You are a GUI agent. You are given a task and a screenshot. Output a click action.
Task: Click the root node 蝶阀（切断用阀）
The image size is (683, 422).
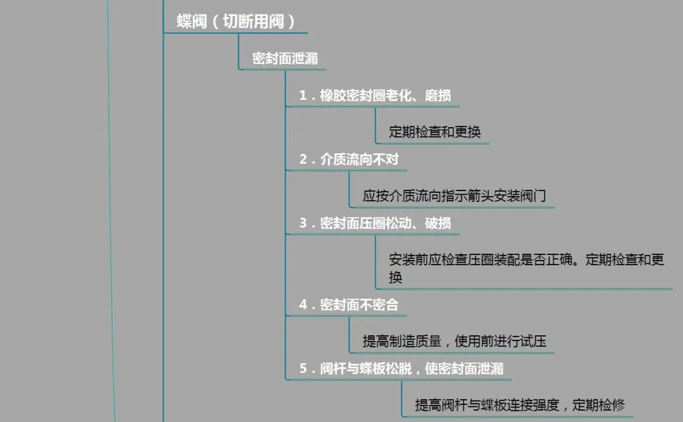tap(236, 22)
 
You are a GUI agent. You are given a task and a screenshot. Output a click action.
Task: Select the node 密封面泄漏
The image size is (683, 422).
tap(285, 59)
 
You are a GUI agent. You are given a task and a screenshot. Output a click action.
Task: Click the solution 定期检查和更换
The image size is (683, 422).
tap(435, 132)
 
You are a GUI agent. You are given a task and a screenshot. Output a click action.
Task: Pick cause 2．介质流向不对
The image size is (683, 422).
tap(349, 159)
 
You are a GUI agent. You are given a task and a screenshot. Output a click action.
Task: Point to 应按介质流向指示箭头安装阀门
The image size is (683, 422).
tap(454, 196)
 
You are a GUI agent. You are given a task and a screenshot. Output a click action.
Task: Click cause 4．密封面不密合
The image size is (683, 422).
tap(349, 305)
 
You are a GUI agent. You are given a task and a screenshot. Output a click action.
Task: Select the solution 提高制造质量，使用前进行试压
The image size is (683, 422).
tap(454, 342)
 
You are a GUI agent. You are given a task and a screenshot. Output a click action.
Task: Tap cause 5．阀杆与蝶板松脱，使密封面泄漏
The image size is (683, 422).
tap(402, 368)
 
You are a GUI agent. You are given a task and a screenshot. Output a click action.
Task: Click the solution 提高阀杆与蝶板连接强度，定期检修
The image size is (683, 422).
tap(520, 405)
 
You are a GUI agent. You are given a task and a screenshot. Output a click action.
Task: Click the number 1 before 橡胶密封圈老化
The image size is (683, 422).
tap(303, 96)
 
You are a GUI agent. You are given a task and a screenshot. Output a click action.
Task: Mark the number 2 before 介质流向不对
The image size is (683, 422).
tap(303, 159)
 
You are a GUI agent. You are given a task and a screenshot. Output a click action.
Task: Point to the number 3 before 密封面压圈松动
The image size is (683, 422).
tap(303, 223)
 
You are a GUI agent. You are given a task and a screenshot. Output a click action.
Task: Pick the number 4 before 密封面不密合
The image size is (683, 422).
tap(303, 305)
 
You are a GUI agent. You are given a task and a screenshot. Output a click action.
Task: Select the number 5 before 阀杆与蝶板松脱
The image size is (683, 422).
tap(303, 368)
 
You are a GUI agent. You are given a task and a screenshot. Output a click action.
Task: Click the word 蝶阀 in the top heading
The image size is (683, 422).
tap(192, 22)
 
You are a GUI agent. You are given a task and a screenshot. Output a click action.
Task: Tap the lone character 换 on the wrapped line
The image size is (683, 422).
tap(396, 278)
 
